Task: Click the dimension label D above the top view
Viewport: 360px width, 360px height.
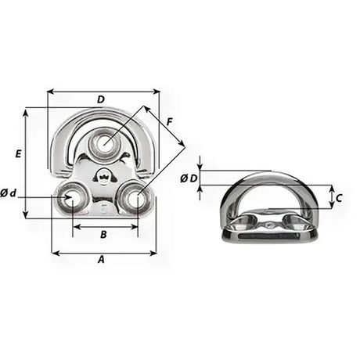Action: coord(101,99)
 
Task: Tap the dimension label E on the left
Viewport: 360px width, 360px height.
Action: coord(17,156)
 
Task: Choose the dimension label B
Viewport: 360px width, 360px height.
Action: coord(104,234)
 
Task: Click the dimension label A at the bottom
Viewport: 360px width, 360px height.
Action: coord(101,260)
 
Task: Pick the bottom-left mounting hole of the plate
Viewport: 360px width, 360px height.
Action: coord(73,200)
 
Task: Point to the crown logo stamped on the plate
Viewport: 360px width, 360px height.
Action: coord(103,177)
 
